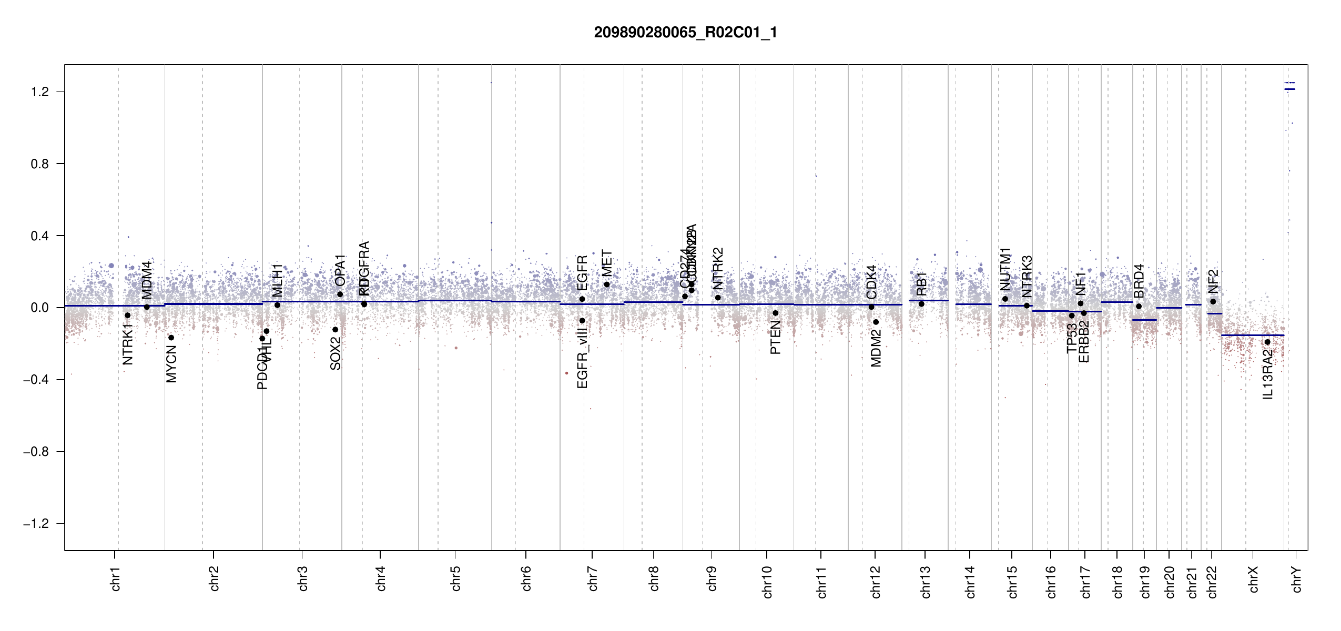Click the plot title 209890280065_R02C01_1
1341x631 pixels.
point(685,33)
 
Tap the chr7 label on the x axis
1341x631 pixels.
point(593,579)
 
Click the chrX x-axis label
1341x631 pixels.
point(1253,579)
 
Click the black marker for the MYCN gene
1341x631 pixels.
point(171,338)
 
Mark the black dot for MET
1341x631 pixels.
point(606,284)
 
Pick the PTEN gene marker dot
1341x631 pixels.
point(775,313)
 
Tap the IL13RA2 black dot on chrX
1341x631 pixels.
point(1267,342)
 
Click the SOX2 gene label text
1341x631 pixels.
point(336,353)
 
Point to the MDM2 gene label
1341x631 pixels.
point(876,348)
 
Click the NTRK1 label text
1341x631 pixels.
point(127,344)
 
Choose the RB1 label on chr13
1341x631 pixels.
point(921,284)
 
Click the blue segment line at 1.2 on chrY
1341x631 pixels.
point(1289,89)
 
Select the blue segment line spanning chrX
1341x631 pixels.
point(1252,335)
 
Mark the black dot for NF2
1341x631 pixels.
point(1213,301)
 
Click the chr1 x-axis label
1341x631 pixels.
point(116,579)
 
